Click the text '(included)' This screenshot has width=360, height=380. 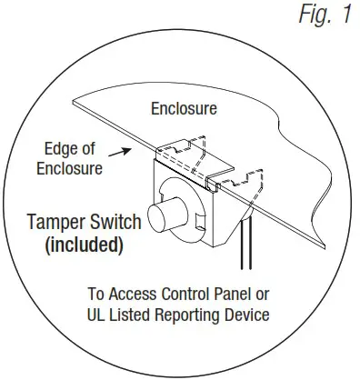point(86,245)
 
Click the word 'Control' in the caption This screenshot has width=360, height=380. point(195,295)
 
